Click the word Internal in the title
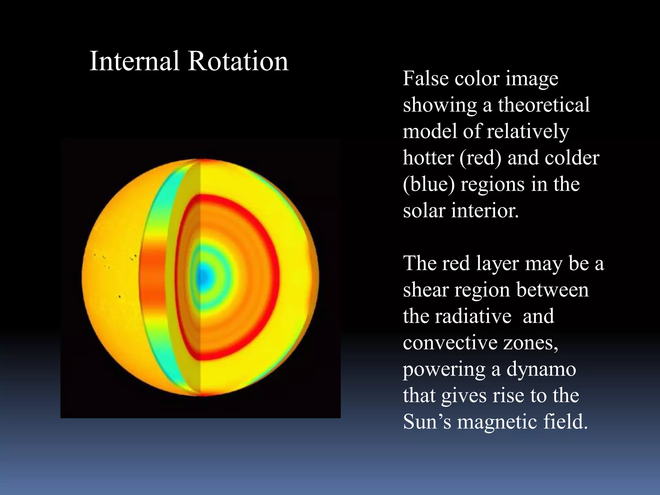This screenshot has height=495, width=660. point(134,61)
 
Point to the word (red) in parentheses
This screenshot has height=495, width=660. point(480,158)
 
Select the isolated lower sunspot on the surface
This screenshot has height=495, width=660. point(120,296)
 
